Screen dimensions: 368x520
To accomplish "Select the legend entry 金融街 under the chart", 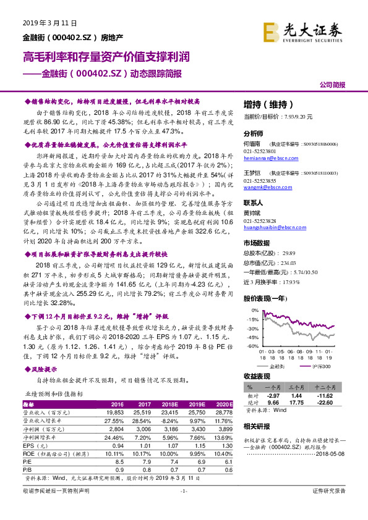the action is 278,366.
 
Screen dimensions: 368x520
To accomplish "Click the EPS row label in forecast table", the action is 29,445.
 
